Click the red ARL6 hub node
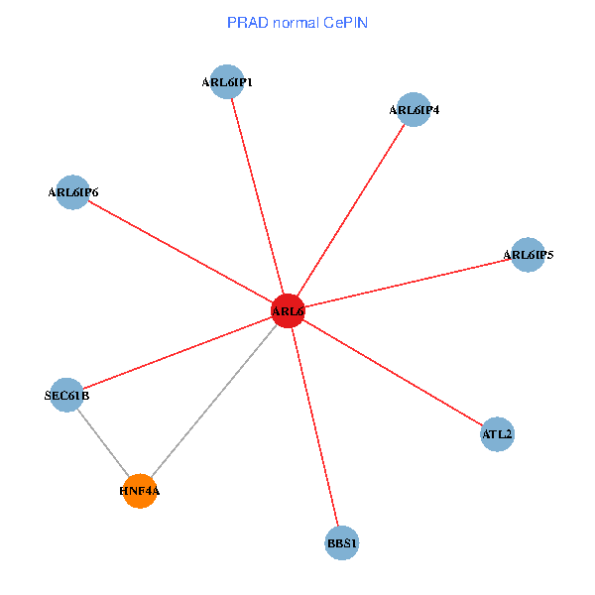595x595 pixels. pyautogui.click(x=288, y=311)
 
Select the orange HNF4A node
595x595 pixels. pyautogui.click(x=141, y=490)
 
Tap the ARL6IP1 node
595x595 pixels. pyautogui.click(x=227, y=82)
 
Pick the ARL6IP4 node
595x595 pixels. pyautogui.click(x=413, y=109)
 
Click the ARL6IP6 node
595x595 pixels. pyautogui.click(x=72, y=192)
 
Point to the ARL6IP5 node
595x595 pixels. pyautogui.click(x=528, y=255)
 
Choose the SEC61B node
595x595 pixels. pyautogui.click(x=66, y=396)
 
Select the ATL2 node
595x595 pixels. pyautogui.click(x=498, y=433)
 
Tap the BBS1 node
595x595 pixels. pyautogui.click(x=341, y=542)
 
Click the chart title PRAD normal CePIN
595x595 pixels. pyautogui.click(x=297, y=22)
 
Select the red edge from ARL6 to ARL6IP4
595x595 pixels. pyautogui.click(x=350, y=210)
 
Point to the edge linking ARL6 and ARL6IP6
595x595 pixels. pyautogui.click(x=179, y=252)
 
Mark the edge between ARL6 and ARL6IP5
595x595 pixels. pyautogui.click(x=408, y=284)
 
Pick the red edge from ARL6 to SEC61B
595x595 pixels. pyautogui.click(x=177, y=354)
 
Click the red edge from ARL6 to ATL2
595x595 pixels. pyautogui.click(x=393, y=373)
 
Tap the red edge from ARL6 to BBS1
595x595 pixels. pyautogui.click(x=314, y=426)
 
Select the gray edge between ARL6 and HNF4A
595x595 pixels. pyautogui.click(x=214, y=401)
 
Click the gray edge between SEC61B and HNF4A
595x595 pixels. pyautogui.click(x=103, y=442)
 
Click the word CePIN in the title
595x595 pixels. pyautogui.click(x=345, y=22)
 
